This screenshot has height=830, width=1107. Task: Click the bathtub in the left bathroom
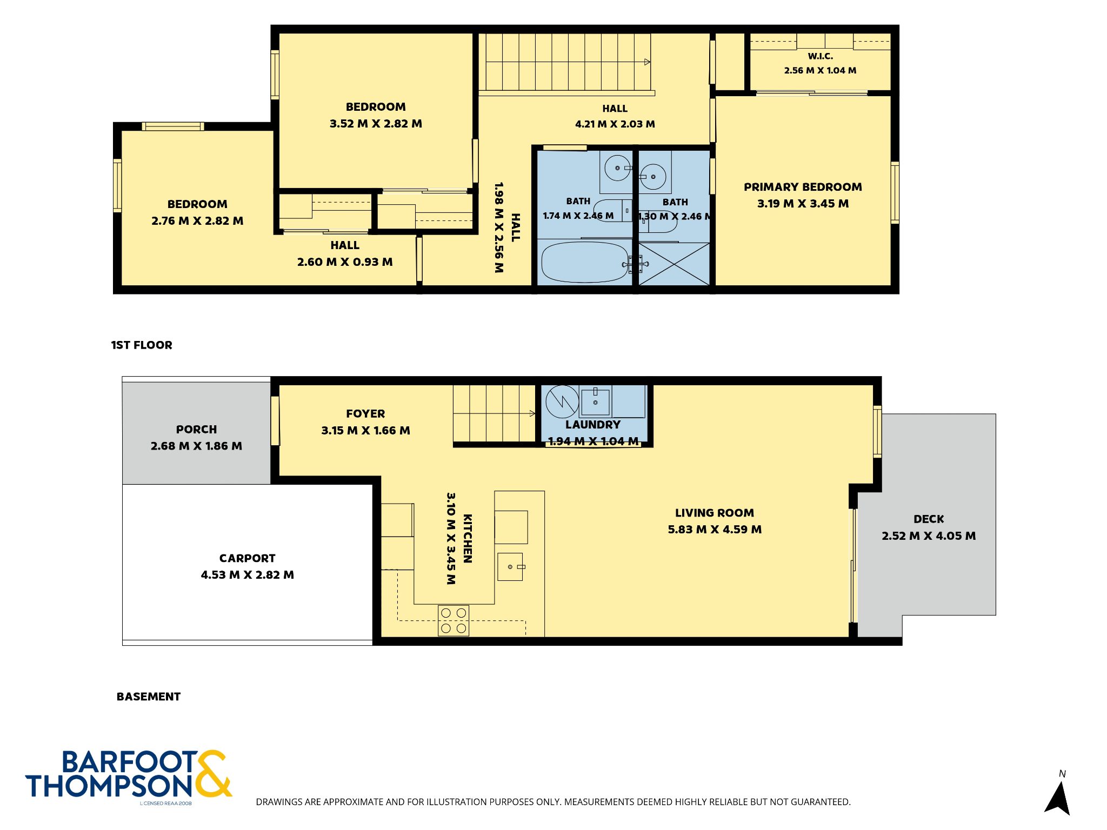click(x=585, y=262)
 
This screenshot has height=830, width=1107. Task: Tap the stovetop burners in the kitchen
click(x=454, y=620)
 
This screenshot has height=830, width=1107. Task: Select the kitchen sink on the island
click(x=510, y=567)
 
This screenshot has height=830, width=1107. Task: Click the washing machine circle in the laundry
click(x=562, y=402)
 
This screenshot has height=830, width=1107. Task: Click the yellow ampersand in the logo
click(x=213, y=773)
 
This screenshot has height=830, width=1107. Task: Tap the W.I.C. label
click(x=821, y=56)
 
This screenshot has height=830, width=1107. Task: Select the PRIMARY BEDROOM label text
click(x=803, y=187)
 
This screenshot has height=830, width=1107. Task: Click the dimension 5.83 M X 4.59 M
click(x=715, y=530)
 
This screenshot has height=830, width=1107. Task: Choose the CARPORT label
click(x=247, y=558)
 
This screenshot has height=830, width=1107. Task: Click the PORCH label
click(x=196, y=430)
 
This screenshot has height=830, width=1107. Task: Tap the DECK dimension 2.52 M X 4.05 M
click(x=929, y=536)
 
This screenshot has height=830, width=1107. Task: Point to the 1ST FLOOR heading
click(x=142, y=345)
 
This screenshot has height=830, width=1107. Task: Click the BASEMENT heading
click(x=149, y=697)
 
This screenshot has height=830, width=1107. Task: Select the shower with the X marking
click(x=674, y=264)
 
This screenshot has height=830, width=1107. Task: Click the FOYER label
click(x=365, y=414)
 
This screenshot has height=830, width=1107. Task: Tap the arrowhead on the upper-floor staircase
click(x=648, y=62)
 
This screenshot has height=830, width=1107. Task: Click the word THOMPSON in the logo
click(x=109, y=786)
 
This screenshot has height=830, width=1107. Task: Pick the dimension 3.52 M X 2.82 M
click(x=376, y=124)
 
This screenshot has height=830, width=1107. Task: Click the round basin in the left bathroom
click(x=617, y=168)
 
